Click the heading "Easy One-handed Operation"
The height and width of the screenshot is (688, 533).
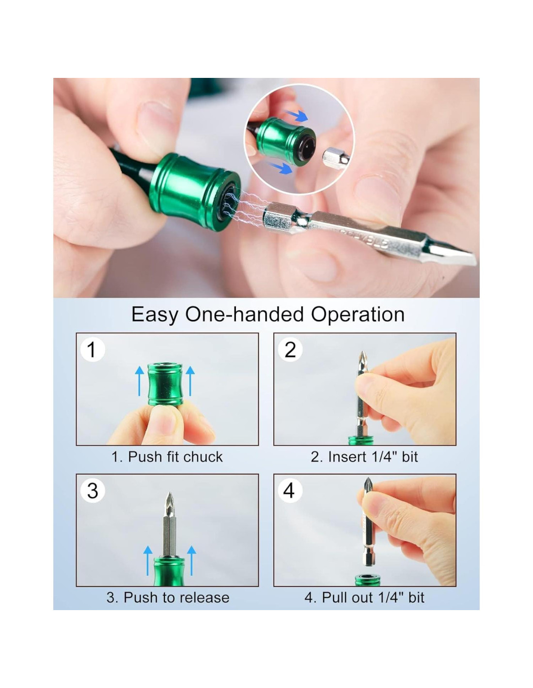point(268,314)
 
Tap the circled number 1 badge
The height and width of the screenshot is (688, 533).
point(92,350)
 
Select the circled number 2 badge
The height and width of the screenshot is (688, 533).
point(290,350)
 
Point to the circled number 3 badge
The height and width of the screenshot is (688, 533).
point(92,491)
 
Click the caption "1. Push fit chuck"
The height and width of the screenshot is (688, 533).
point(167,457)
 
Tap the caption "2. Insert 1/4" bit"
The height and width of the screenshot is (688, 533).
point(364,457)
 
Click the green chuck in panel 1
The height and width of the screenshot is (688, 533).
point(165,384)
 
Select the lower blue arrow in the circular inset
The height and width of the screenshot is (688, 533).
point(279,167)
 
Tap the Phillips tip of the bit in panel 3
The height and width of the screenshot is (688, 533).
point(170,502)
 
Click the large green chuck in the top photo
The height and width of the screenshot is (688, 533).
point(194,187)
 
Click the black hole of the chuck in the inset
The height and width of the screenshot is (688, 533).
point(306,148)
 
